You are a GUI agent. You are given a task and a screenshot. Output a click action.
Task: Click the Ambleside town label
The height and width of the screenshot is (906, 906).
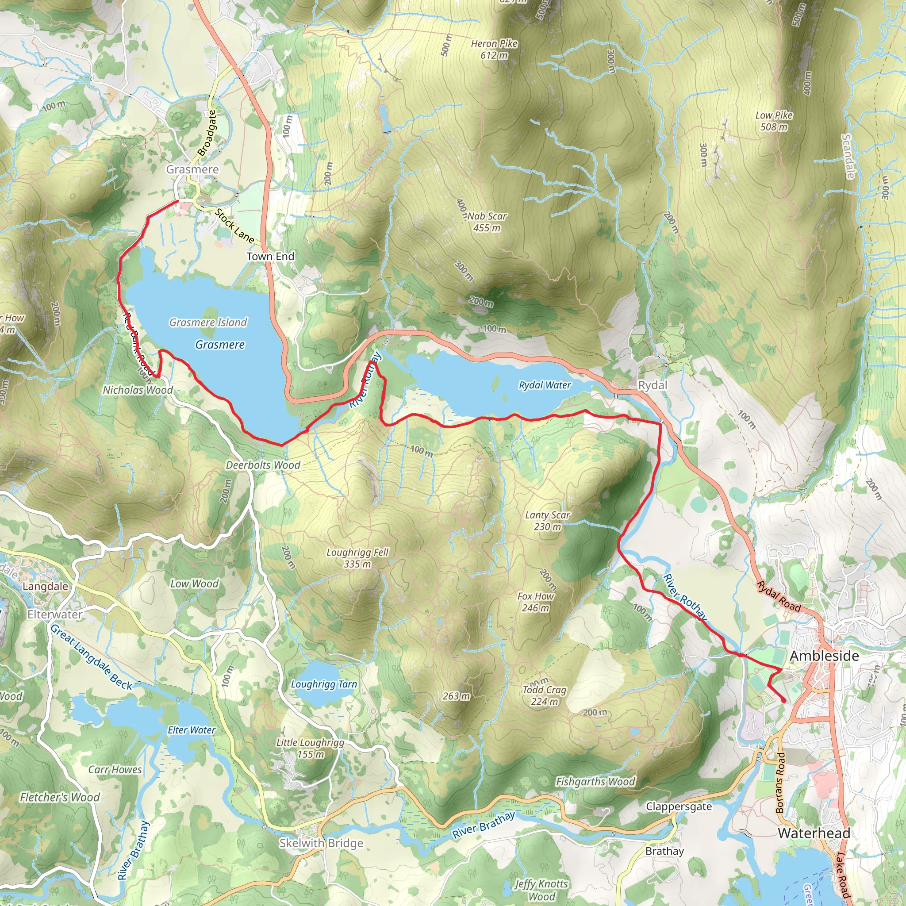(x=825, y=656)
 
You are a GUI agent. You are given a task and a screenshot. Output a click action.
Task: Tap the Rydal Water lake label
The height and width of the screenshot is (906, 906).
(x=545, y=385)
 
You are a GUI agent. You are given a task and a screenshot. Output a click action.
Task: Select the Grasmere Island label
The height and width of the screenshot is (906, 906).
(x=208, y=322)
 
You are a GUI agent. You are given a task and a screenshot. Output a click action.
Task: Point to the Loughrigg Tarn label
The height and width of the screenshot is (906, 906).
(x=323, y=684)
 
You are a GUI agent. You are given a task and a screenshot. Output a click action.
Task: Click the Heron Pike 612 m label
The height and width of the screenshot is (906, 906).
(x=494, y=49)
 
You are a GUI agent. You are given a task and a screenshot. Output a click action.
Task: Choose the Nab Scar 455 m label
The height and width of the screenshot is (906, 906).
(x=487, y=222)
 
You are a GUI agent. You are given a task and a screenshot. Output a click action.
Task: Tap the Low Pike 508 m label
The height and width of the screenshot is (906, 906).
(x=774, y=120)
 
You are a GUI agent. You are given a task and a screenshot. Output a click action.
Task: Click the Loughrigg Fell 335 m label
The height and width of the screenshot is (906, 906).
(x=357, y=558)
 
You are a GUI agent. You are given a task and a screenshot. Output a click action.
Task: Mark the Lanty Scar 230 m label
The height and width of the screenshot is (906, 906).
(x=547, y=521)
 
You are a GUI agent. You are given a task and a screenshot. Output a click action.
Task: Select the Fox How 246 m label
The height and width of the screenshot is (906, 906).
(x=536, y=602)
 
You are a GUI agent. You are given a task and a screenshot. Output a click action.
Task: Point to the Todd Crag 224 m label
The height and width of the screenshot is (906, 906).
(x=545, y=695)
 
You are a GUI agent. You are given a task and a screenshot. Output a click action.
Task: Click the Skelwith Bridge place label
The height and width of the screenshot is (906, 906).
(x=321, y=843)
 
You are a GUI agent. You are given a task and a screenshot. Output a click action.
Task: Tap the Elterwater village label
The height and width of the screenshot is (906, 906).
(x=55, y=614)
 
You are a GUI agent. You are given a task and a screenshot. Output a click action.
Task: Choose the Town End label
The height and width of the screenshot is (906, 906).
(x=271, y=257)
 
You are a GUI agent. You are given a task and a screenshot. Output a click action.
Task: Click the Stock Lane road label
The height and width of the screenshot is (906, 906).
(x=234, y=226)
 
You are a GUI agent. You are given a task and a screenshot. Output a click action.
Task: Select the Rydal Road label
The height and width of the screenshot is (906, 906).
(x=779, y=596)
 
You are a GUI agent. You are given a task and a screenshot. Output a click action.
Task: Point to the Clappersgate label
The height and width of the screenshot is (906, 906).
(x=679, y=806)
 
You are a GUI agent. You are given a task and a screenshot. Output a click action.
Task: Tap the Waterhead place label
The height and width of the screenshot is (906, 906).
(x=814, y=833)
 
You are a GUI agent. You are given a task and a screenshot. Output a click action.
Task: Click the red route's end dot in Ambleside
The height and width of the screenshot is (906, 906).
(x=784, y=701)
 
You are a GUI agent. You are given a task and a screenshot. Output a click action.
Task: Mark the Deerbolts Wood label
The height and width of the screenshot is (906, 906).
(x=263, y=465)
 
